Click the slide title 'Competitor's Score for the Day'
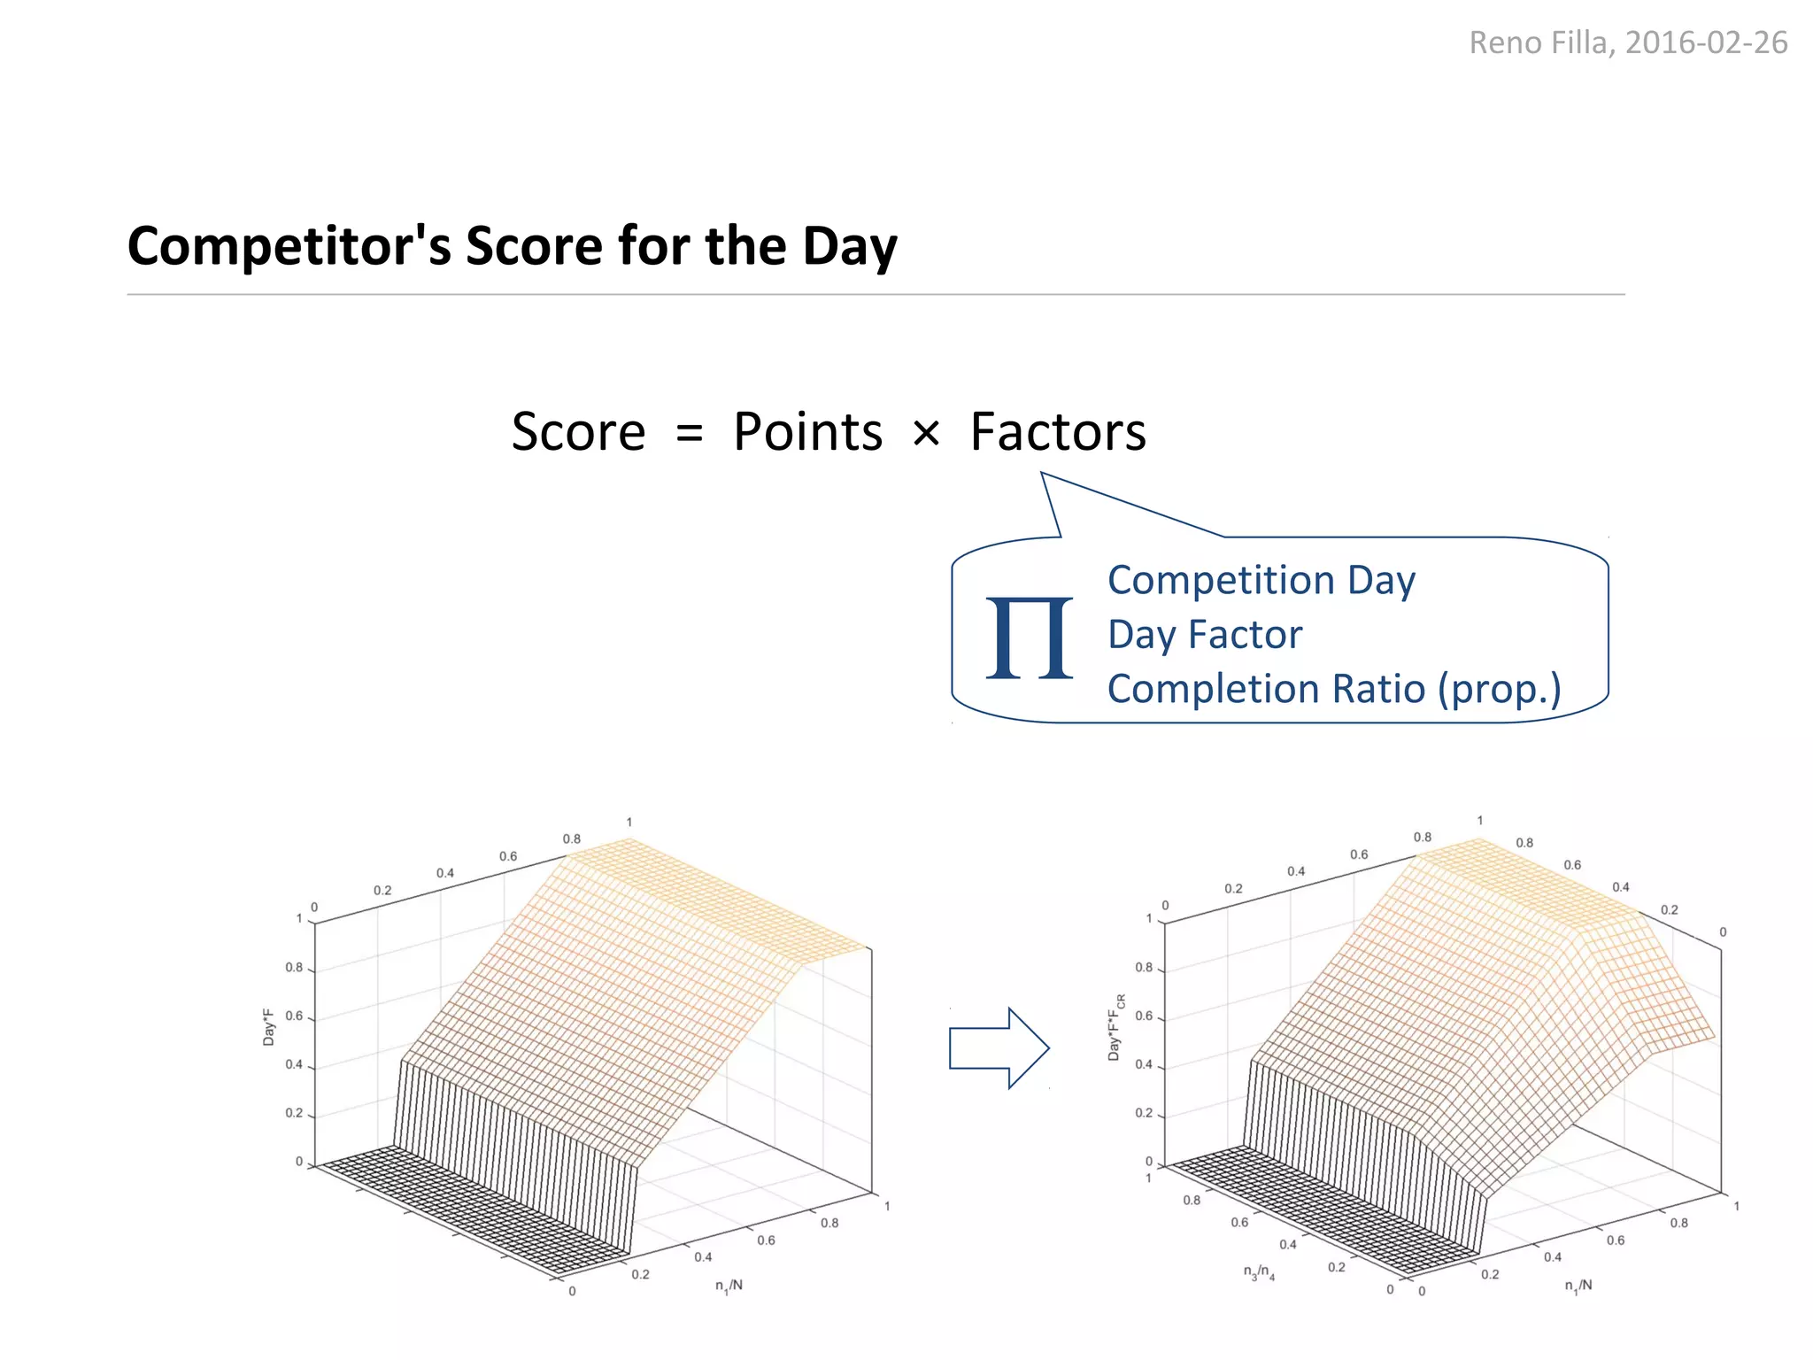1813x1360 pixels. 512,245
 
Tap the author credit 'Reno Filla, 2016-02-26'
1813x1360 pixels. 1627,42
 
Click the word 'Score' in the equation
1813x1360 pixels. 578,432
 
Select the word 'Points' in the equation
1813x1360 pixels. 807,432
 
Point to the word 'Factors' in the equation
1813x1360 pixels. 1058,432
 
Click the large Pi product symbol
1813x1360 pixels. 1029,637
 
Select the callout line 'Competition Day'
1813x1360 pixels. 1261,581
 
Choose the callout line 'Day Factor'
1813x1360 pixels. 1205,635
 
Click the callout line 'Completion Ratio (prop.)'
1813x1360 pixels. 1334,689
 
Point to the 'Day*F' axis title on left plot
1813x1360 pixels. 268,1027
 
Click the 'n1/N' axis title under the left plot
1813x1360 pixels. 729,1286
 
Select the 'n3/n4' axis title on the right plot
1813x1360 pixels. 1259,1273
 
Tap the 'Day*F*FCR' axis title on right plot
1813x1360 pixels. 1115,1027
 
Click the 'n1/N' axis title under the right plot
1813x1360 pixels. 1578,1286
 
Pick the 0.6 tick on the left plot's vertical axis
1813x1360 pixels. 294,1016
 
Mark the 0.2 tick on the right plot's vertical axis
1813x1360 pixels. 1144,1113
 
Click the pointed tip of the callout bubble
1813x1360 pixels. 1042,474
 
